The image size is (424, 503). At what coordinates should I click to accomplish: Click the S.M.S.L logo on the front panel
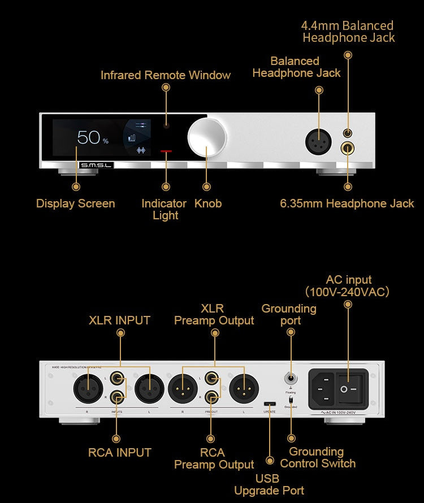tap(97, 165)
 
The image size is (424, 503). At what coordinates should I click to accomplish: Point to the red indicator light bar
tap(166, 151)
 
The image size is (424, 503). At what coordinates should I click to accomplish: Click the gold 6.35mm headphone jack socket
tap(348, 149)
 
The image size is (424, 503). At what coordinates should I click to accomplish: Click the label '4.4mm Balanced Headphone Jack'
tap(348, 32)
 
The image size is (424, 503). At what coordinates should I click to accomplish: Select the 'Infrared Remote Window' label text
tap(166, 75)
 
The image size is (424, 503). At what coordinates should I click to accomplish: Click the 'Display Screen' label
tap(76, 203)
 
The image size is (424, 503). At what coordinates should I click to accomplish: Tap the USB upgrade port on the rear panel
tap(270, 404)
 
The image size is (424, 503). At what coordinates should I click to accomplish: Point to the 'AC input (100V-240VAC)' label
tap(348, 286)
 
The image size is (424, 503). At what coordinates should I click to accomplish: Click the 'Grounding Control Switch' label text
tap(318, 457)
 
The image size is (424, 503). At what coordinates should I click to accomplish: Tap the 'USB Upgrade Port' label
tap(270, 484)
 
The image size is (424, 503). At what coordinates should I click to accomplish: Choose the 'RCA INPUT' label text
tap(120, 452)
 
